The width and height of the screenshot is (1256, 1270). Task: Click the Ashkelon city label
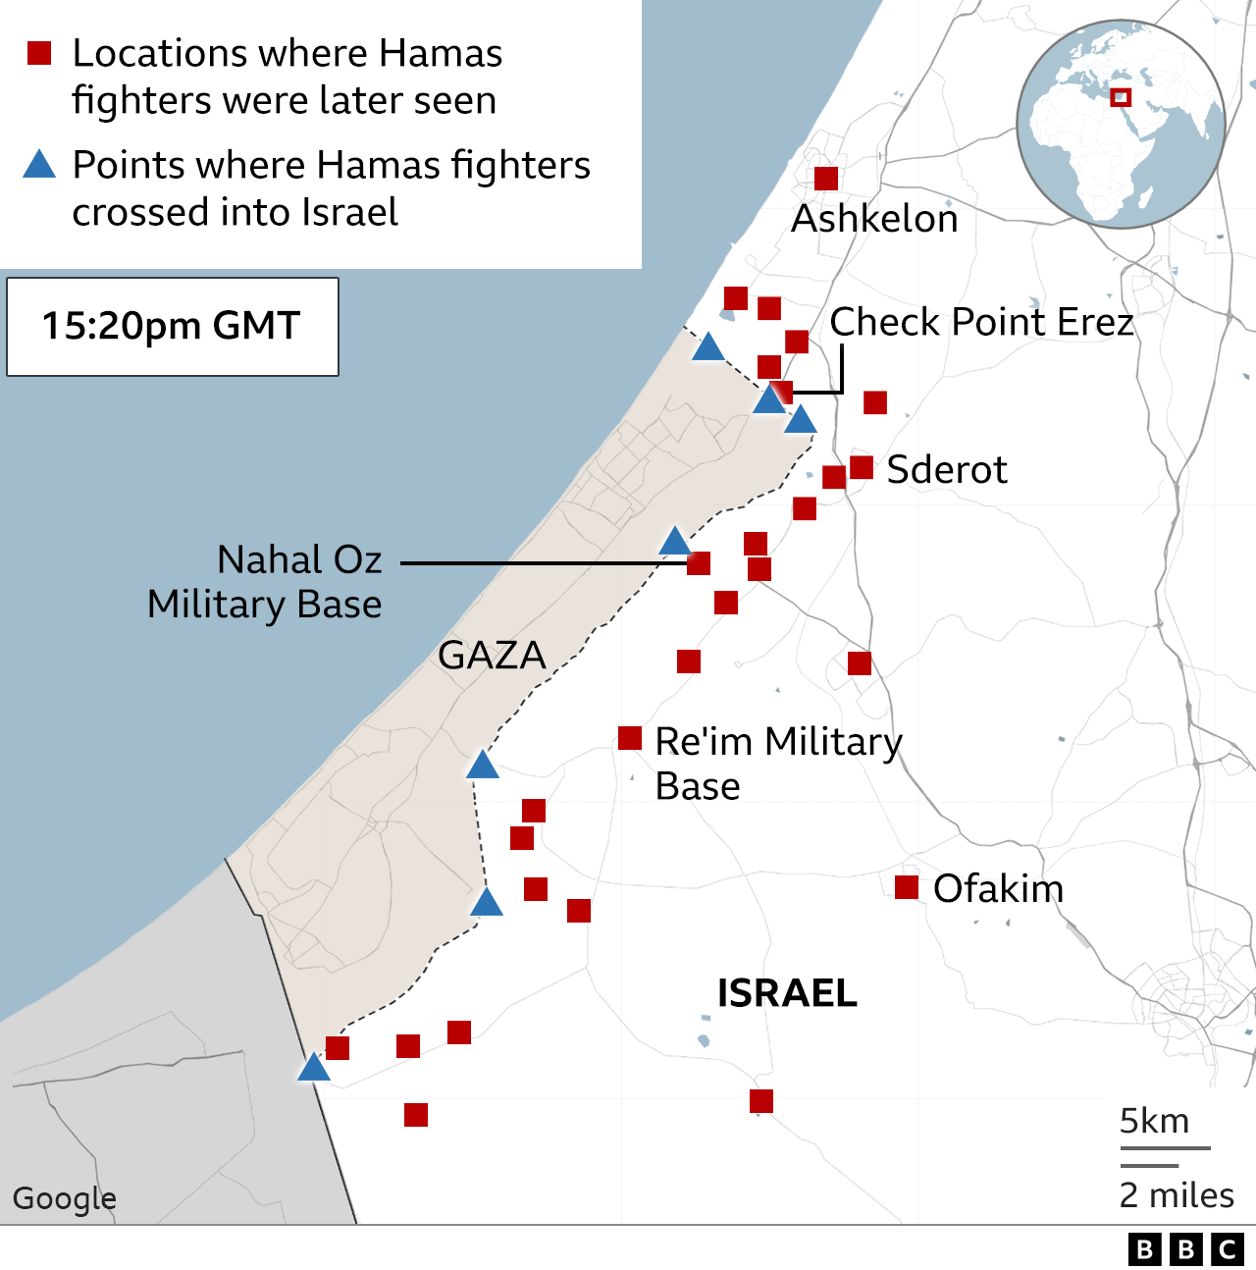pos(874,219)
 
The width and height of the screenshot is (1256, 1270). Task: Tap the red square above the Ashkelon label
pos(826,179)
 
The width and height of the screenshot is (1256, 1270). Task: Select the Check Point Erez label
pos(981,322)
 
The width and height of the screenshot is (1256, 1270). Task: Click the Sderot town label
pos(946,470)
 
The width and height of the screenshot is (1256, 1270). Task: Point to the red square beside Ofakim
pos(907,887)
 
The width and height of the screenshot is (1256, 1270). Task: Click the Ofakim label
pos(998,889)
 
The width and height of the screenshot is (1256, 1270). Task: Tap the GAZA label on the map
pos(492,656)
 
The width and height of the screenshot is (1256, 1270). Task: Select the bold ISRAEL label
pos(787,993)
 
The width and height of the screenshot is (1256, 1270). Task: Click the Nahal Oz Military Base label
pos(265,582)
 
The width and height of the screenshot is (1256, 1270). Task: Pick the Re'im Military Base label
pos(778,764)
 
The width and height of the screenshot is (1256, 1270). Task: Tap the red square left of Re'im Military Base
pos(630,738)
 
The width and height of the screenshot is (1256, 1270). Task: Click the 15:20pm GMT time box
pos(173,327)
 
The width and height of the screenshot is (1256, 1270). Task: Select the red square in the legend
pos(39,53)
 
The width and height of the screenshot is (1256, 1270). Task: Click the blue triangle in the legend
pos(39,165)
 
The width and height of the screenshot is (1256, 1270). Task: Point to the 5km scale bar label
pos(1154,1121)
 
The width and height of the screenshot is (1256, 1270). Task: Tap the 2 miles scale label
pos(1177,1195)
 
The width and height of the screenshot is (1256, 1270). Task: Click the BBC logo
pos(1185,1248)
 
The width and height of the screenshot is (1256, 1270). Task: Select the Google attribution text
pos(65,1198)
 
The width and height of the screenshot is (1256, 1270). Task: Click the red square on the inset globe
pos(1121,97)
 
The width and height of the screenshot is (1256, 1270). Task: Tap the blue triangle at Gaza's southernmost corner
pos(314,1068)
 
